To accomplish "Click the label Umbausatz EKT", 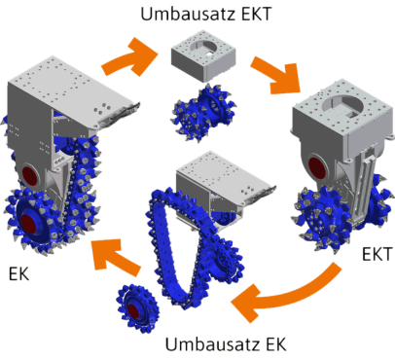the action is pyautogui.click(x=206, y=14).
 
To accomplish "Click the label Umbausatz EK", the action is pyautogui.click(x=226, y=344).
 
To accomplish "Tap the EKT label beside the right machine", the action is pyautogui.click(x=377, y=254).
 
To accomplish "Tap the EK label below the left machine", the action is pyautogui.click(x=18, y=274).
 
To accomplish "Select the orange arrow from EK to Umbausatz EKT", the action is pyautogui.click(x=129, y=57).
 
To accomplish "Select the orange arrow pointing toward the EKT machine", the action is pyautogui.click(x=275, y=75).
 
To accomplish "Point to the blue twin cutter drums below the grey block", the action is pyautogui.click(x=202, y=112).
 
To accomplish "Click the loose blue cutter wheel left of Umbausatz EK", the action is pyautogui.click(x=138, y=308).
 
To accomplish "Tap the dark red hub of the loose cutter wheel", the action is pyautogui.click(x=133, y=311).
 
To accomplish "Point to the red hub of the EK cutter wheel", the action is pyautogui.click(x=30, y=223).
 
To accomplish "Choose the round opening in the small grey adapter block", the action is pyautogui.click(x=204, y=46).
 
